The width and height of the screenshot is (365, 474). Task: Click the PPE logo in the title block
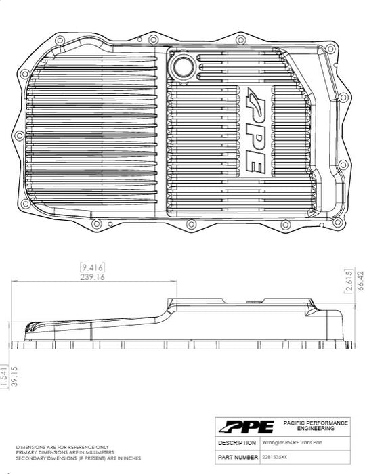[246, 427]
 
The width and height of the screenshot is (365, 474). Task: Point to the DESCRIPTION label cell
[236, 441]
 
